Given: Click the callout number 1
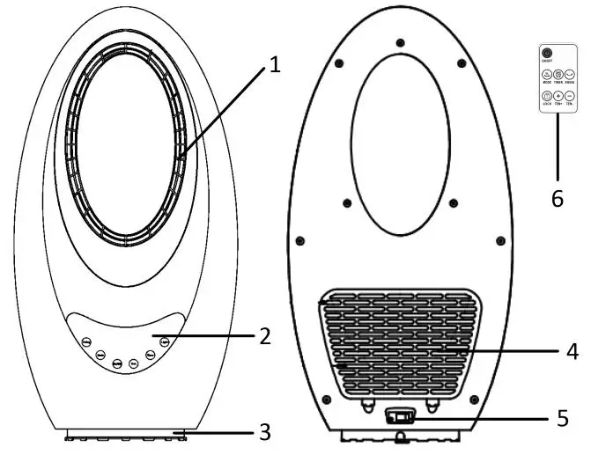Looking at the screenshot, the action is point(275,64).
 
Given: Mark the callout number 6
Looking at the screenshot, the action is point(557,199).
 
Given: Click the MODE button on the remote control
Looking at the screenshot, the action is point(546,76).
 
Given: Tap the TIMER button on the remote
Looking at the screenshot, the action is point(558,76).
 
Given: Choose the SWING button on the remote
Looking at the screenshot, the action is point(570,76).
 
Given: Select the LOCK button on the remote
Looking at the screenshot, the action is point(546,96).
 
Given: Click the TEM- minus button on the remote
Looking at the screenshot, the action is point(570,96).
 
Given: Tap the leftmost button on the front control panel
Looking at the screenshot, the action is point(85,343).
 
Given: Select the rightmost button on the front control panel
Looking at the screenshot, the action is point(165,340).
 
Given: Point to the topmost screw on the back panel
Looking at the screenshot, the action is point(400,42).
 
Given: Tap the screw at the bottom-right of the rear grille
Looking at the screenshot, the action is point(474,400).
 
